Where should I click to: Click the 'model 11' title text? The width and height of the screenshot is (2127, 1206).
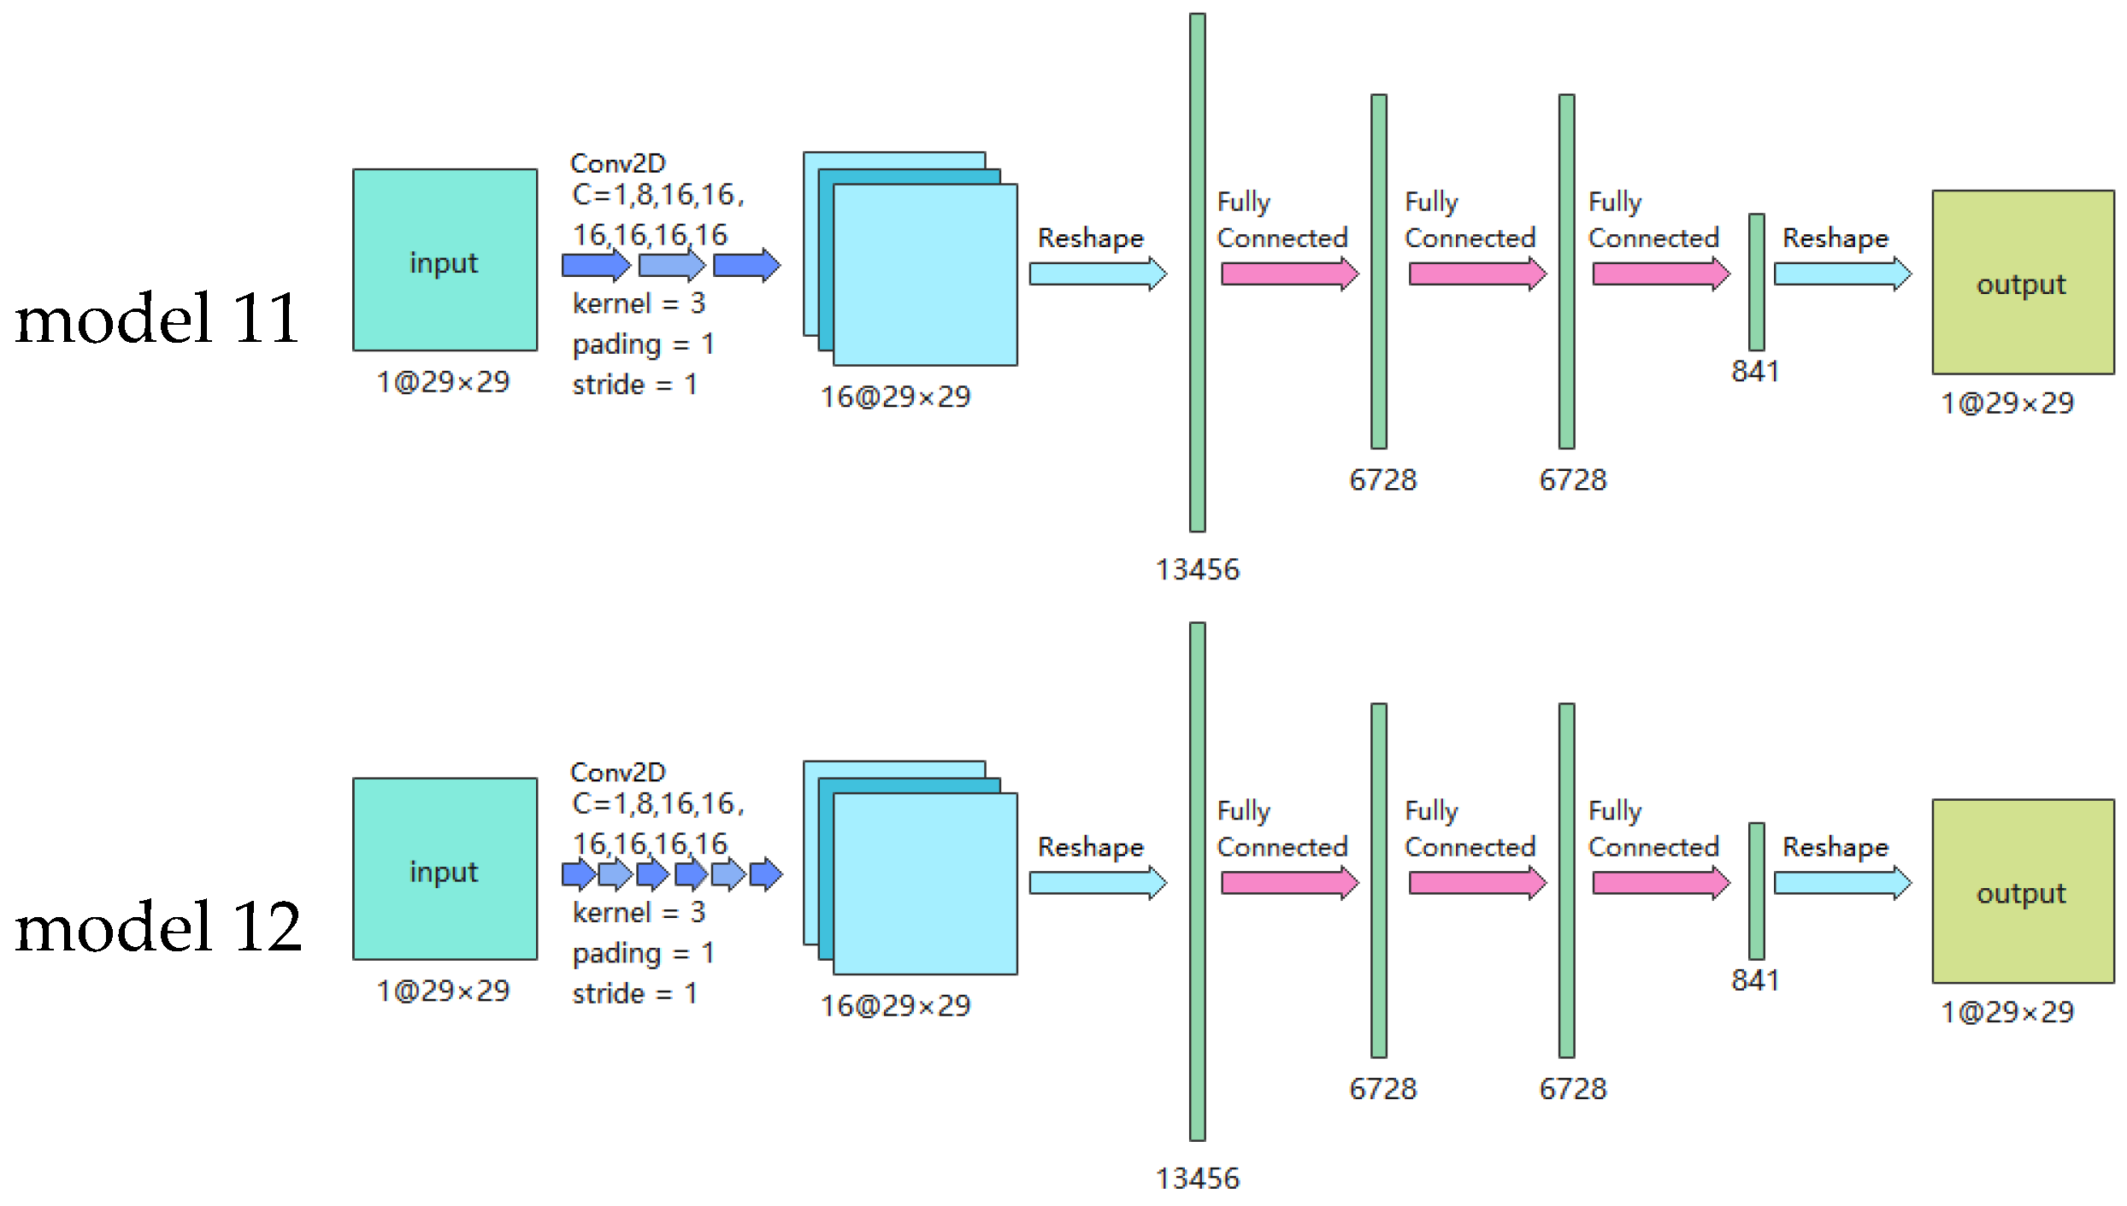[157, 318]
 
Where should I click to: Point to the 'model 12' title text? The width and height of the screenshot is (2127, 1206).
[159, 927]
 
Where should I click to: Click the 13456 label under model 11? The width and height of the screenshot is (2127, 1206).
[1197, 569]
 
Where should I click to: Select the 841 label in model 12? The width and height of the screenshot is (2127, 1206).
[1755, 980]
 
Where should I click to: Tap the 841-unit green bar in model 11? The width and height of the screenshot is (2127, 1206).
[1757, 282]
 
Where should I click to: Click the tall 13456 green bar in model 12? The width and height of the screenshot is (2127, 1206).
[1197, 880]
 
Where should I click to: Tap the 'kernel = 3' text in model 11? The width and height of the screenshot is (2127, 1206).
[639, 303]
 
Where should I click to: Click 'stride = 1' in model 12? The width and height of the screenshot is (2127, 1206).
[634, 993]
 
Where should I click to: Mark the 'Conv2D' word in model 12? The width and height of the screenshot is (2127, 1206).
[617, 772]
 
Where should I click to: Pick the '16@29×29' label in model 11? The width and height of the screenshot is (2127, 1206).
[895, 397]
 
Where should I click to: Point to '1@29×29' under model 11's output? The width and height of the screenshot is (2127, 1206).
[2006, 403]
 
